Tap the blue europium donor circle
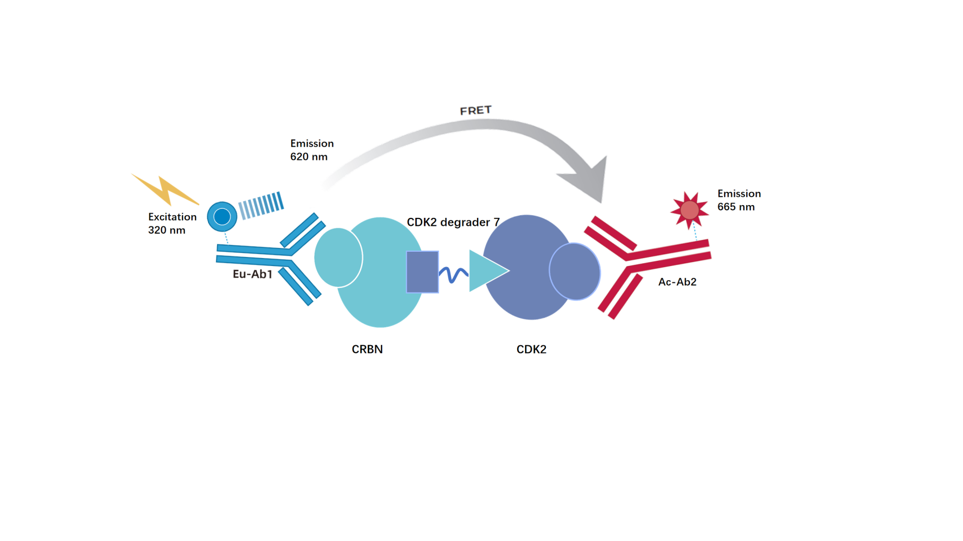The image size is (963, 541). (222, 216)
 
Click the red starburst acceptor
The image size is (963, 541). (689, 210)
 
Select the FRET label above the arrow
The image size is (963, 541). (475, 111)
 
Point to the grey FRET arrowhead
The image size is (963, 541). (588, 180)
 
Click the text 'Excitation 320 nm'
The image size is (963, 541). (172, 223)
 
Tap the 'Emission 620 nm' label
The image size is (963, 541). (312, 150)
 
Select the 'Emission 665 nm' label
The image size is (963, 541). (739, 200)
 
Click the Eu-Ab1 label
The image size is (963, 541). (253, 274)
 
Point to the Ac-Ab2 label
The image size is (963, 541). (677, 282)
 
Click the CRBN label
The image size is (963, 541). (367, 349)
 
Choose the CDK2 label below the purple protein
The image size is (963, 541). (531, 349)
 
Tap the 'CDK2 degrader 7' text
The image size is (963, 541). (453, 222)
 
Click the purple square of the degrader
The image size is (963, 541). (422, 272)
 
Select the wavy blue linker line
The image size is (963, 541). (454, 274)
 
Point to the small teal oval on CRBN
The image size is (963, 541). (338, 258)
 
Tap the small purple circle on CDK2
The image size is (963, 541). (574, 271)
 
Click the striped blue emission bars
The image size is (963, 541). (261, 206)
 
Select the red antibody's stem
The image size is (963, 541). (669, 253)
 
